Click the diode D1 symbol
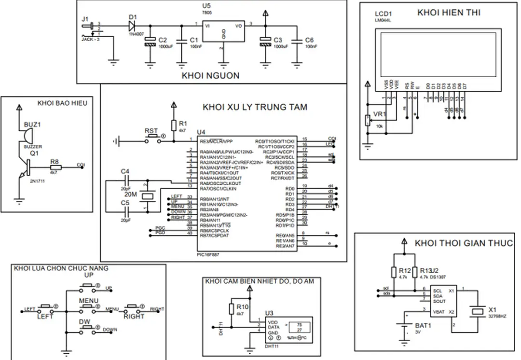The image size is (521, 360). [132, 25]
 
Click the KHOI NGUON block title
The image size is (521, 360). [210, 76]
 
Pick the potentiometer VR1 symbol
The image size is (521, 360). [368, 120]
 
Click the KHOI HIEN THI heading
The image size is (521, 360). [448, 13]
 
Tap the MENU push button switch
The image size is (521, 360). [88, 308]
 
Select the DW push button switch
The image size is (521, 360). [88, 328]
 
